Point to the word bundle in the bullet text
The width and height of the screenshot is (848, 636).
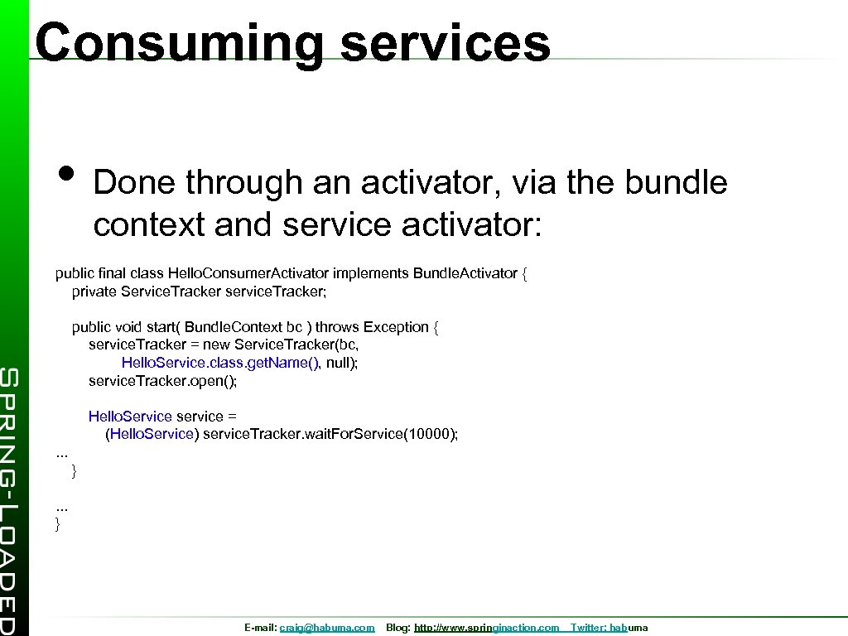point(676,183)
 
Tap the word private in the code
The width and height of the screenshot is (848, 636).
point(94,291)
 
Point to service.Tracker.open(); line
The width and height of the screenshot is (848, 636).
point(162,381)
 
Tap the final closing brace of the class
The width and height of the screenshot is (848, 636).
point(58,523)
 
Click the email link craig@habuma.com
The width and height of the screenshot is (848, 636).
point(327,629)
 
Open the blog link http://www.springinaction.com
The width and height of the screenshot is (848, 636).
point(486,629)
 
